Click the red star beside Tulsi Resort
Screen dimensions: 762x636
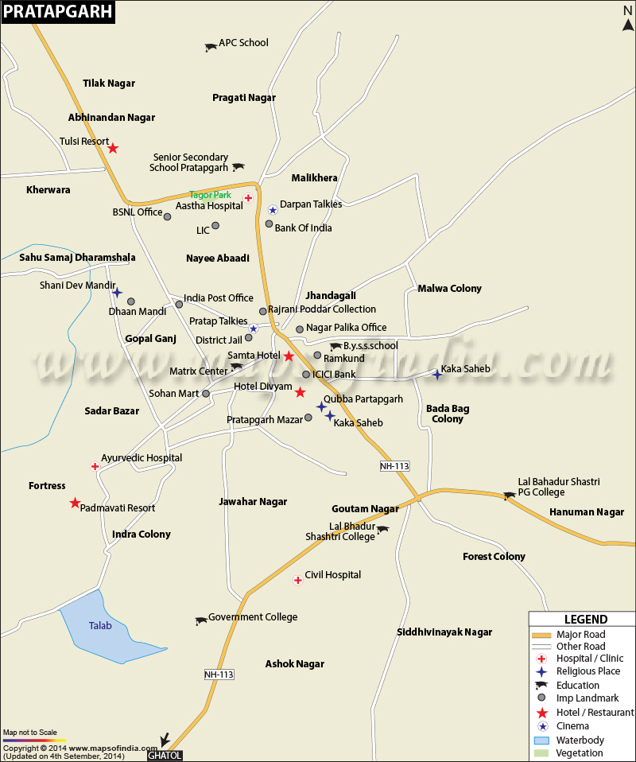(113, 148)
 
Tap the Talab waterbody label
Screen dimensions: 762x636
(100, 625)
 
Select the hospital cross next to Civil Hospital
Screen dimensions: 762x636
(298, 581)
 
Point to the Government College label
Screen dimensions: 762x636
(252, 617)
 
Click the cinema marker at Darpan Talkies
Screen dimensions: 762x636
(273, 210)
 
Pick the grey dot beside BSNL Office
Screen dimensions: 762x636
(167, 216)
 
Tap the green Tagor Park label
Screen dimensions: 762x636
(210, 195)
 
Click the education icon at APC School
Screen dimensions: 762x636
(210, 48)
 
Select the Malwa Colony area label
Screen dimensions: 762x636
(450, 289)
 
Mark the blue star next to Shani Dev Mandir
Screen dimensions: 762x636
(117, 293)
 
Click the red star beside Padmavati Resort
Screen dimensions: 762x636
(75, 503)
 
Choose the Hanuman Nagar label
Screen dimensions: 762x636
(587, 512)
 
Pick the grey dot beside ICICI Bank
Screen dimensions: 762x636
(306, 375)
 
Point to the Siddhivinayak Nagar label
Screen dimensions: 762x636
(444, 632)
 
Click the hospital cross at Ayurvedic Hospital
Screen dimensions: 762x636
(95, 466)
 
